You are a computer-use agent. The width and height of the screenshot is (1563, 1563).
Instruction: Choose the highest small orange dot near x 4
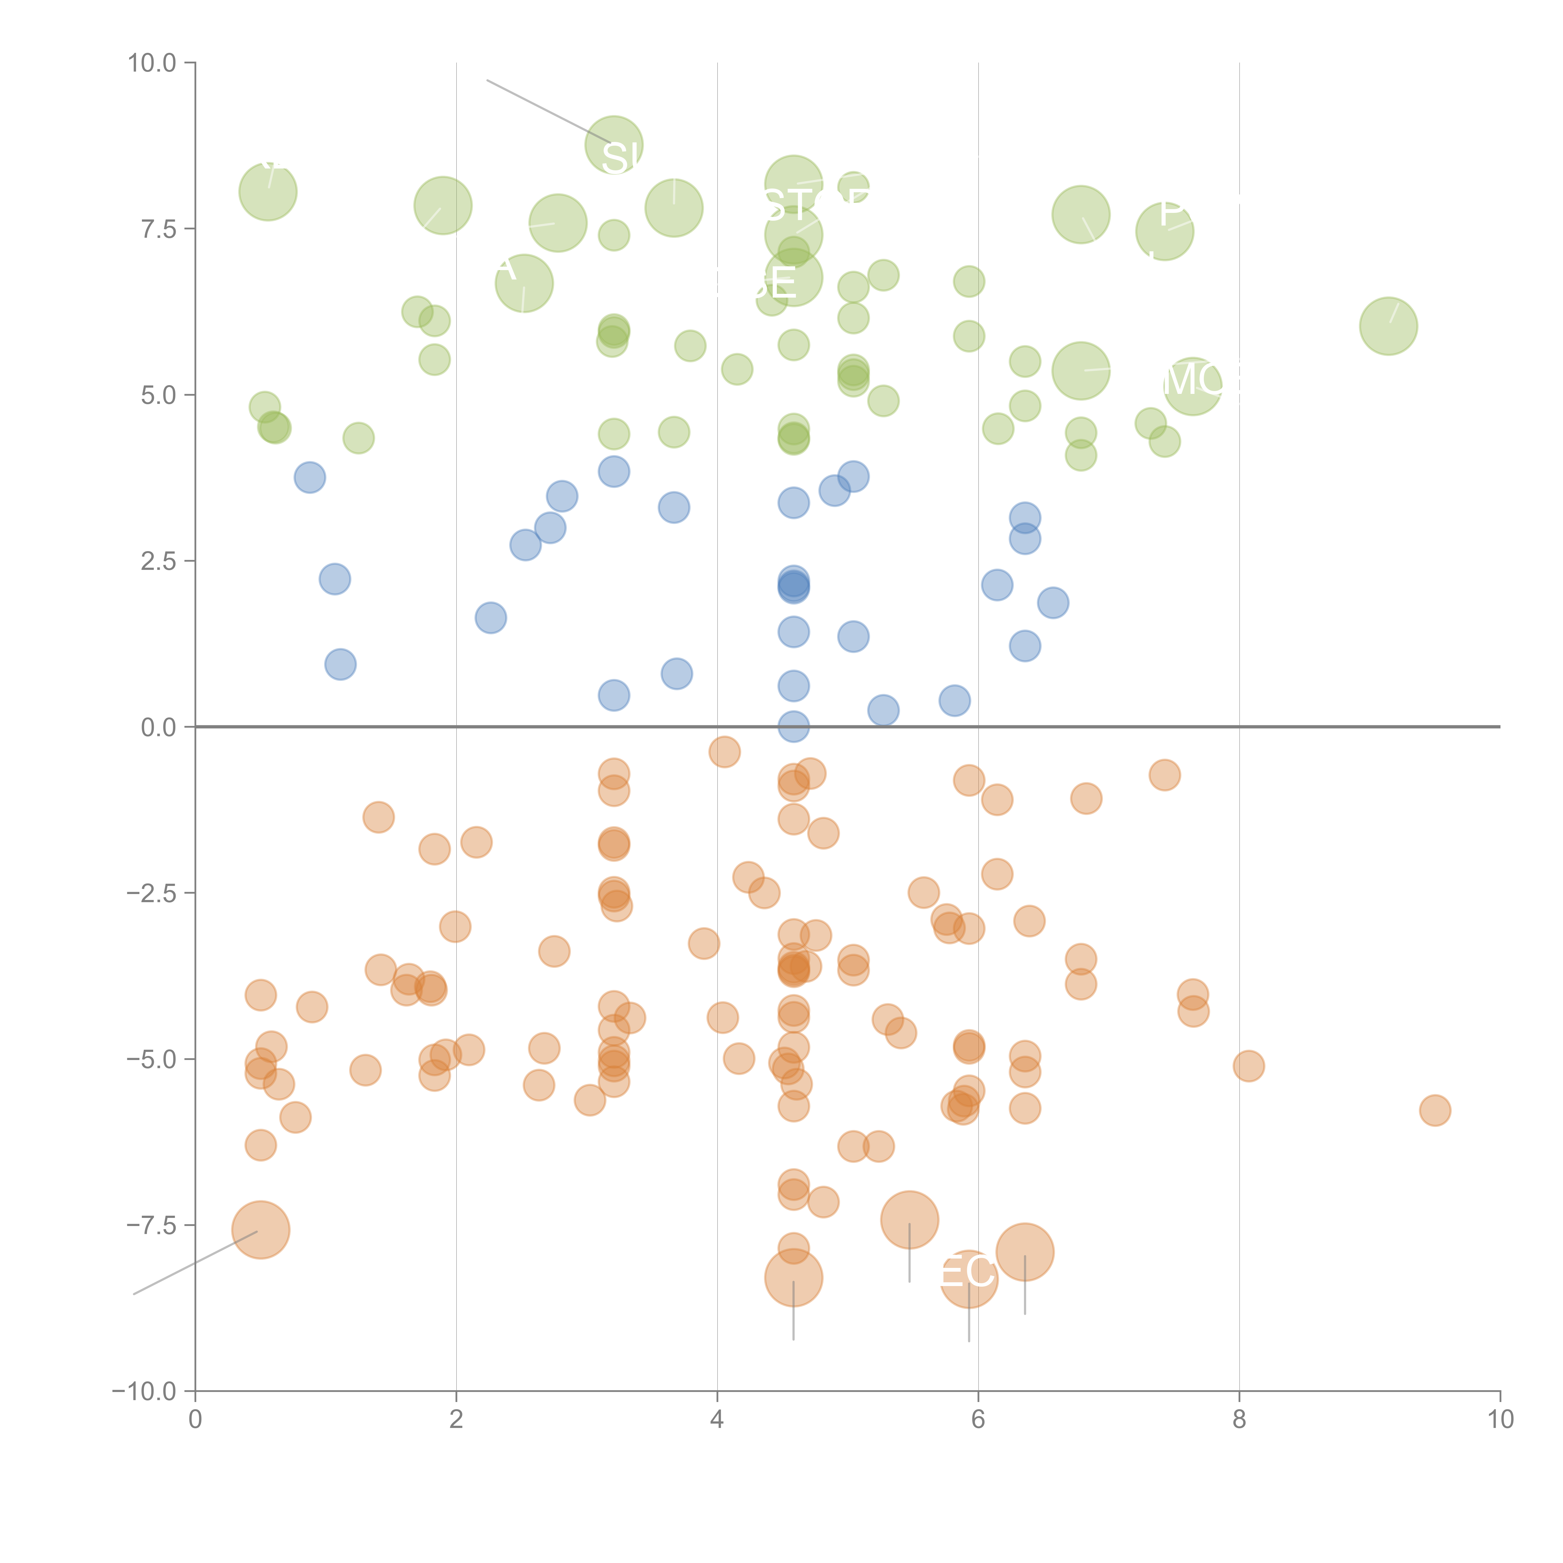click(724, 751)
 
